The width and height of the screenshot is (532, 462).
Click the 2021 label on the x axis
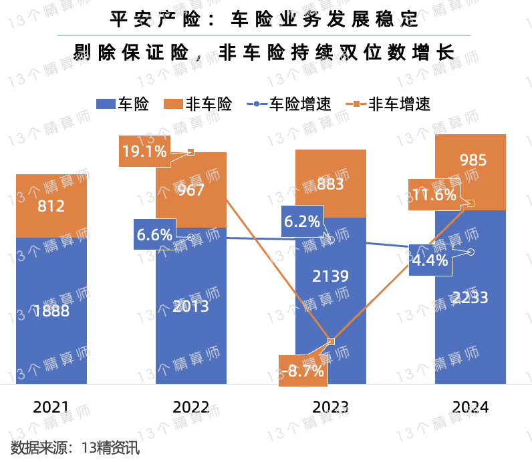tap(51, 407)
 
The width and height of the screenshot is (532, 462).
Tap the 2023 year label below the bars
tap(331, 407)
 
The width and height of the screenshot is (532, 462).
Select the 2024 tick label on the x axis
tap(471, 407)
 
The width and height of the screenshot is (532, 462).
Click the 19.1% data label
tap(144, 152)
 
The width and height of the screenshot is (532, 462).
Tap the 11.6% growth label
tap(434, 195)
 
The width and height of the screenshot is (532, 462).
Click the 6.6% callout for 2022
tap(154, 234)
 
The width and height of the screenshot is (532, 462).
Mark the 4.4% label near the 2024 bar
tap(430, 260)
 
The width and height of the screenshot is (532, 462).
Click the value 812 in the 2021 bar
tap(51, 206)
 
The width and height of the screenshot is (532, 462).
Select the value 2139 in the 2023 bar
tap(331, 276)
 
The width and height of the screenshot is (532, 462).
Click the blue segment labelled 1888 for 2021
tap(51, 311)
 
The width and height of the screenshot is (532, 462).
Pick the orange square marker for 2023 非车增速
tap(331, 341)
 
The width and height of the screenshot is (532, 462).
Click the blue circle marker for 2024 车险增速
tap(471, 252)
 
